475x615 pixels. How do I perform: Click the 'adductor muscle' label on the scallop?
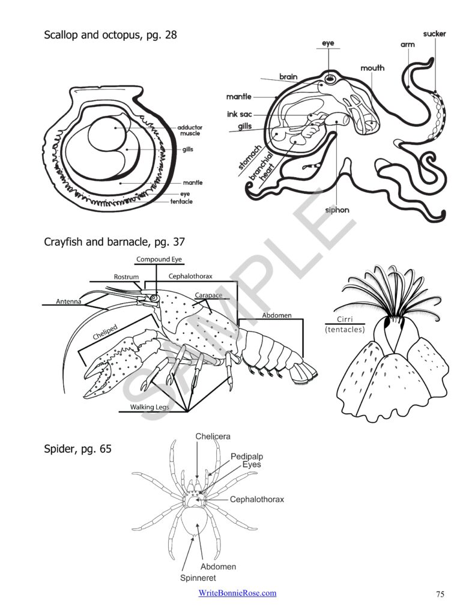(x=190, y=130)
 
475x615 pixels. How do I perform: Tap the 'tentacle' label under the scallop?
(x=181, y=202)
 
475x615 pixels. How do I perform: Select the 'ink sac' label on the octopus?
(x=239, y=114)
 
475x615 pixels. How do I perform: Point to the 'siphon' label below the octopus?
(x=337, y=210)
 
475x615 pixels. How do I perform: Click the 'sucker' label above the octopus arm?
(x=434, y=34)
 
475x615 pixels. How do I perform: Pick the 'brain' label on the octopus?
(x=289, y=77)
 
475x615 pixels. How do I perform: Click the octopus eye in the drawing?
(x=330, y=79)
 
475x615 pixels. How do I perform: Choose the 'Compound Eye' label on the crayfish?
(x=159, y=259)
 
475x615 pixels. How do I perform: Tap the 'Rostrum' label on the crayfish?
(x=126, y=277)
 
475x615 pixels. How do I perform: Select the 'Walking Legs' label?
(x=150, y=407)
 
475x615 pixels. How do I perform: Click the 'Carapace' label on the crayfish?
(x=208, y=295)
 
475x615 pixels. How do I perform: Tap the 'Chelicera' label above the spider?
(x=213, y=436)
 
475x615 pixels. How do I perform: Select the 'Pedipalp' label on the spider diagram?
(x=247, y=456)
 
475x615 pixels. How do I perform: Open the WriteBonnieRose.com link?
(x=237, y=593)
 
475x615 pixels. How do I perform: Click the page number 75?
(x=440, y=594)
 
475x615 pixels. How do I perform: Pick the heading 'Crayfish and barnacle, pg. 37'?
(x=114, y=243)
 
